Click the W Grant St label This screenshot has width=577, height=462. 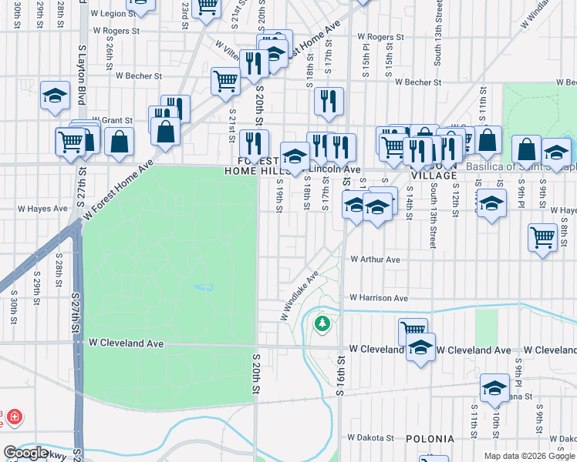click(118, 120)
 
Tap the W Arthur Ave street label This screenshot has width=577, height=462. click(375, 259)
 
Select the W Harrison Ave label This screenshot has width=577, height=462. click(378, 298)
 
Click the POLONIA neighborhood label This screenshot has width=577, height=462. click(430, 439)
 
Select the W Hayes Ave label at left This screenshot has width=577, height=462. click(44, 209)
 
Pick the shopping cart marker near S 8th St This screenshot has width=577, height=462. click(543, 237)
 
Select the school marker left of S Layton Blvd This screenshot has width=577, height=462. click(56, 95)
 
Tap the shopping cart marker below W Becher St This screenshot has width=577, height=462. click(225, 81)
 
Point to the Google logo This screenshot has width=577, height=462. click(26, 453)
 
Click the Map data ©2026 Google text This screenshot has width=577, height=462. click(528, 456)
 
